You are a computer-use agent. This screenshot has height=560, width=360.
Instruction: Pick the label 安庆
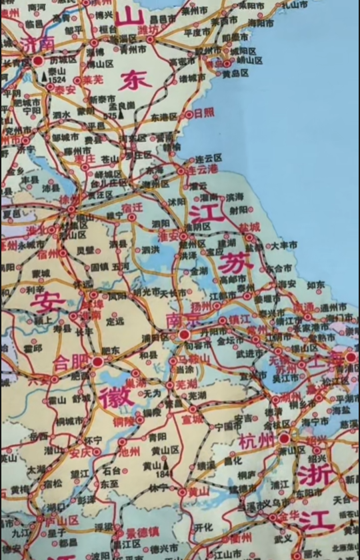tap(80, 453)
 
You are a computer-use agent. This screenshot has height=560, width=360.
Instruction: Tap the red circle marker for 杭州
tap(284, 439)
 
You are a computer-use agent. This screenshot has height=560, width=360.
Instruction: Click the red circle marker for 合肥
tap(98, 361)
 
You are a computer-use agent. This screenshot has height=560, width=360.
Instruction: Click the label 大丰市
tap(284, 246)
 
